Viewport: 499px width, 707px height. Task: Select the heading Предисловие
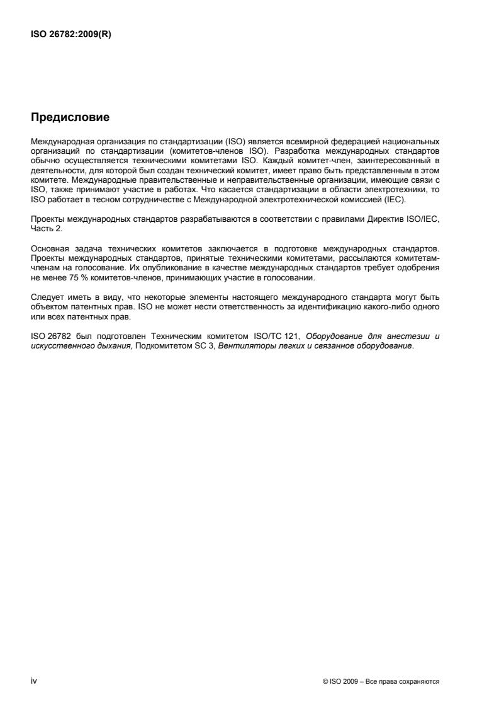coord(70,117)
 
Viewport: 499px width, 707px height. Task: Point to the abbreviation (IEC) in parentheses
coord(396,199)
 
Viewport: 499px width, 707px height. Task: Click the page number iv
coord(34,681)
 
